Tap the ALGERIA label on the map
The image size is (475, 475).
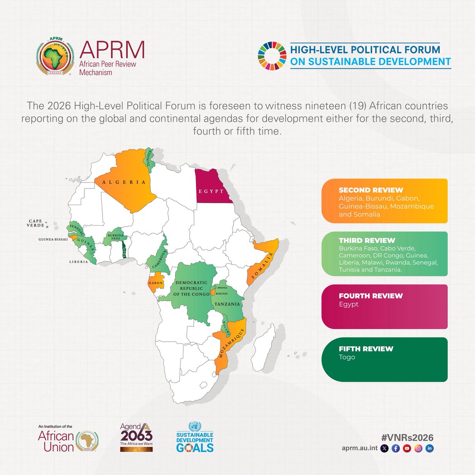coord(123,182)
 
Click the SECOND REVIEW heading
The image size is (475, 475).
coord(370,190)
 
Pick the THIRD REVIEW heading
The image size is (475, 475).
coord(367,240)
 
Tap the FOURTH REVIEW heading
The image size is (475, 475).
coord(370,296)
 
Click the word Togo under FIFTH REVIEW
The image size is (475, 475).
coord(347,357)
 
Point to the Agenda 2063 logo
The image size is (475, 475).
coord(137,437)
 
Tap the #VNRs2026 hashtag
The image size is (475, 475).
coord(407,437)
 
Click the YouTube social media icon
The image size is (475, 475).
coord(407,449)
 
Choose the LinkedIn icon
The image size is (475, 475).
coord(429,449)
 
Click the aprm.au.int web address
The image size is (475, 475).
coord(359,449)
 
